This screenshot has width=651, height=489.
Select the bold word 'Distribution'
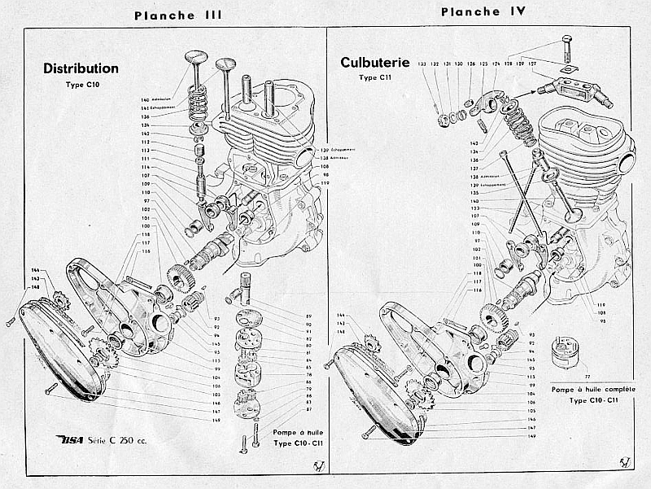tap(81, 69)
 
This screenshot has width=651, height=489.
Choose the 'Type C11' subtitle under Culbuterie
tap(374, 77)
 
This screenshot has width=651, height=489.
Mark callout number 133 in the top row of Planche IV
tap(422, 63)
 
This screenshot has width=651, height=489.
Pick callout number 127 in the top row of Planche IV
tap(533, 63)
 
